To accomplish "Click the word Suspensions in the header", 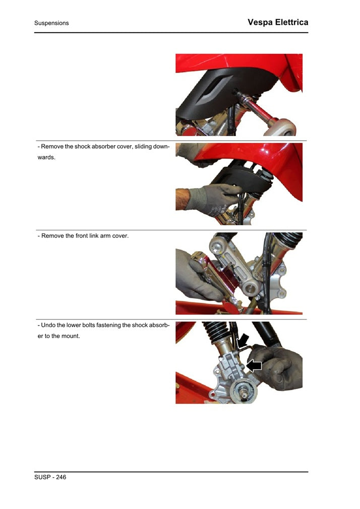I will (x=51, y=23).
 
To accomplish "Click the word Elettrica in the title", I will (x=290, y=22).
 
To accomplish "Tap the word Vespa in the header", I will (x=260, y=22).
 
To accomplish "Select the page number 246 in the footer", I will (x=59, y=477).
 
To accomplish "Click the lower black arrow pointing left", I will (x=254, y=365).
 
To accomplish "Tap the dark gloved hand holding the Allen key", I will (x=277, y=365).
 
